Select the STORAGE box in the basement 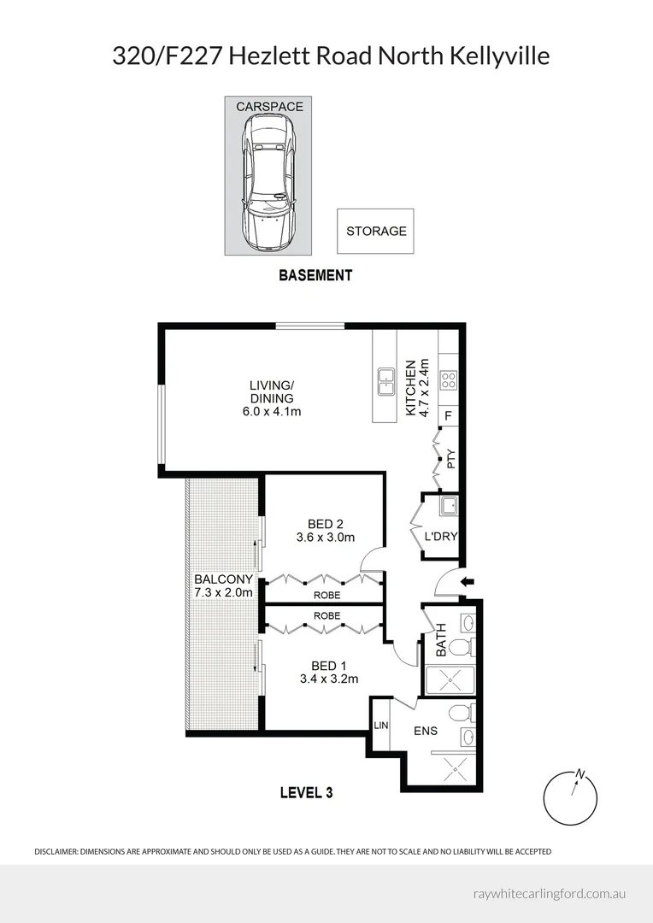coord(375,231)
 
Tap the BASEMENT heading coord(315,275)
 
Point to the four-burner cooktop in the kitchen coord(449,380)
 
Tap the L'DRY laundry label coord(441,537)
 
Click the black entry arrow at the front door coord(467,583)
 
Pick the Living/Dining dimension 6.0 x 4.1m coord(271,411)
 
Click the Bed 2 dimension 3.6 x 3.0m coord(325,538)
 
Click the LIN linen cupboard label coord(380,726)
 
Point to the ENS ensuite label coord(426,732)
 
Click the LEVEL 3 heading coord(306,792)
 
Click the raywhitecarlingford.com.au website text coord(550,893)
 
